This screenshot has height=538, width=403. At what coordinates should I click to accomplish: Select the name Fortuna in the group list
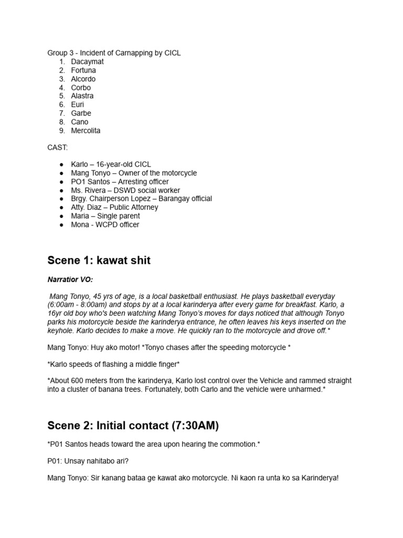[x=83, y=70]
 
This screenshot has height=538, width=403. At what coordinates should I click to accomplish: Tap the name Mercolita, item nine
[x=86, y=130]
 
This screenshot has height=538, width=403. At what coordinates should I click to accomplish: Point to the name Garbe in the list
[x=81, y=113]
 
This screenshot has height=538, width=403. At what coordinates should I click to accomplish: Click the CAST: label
[x=57, y=148]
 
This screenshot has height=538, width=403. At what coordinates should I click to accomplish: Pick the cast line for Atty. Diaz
[x=114, y=207]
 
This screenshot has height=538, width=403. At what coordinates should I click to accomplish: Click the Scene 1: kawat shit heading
[x=99, y=261]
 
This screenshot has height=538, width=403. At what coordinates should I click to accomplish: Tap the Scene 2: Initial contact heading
[x=133, y=425]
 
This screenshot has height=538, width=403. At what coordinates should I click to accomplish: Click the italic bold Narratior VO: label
[x=70, y=280]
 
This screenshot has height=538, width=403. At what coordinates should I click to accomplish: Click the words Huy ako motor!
[x=105, y=347]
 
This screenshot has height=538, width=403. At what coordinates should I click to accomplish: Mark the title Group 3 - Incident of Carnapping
[x=114, y=53]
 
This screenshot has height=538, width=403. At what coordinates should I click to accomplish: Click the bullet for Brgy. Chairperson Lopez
[x=61, y=199]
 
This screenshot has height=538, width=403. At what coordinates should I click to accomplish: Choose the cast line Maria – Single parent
[x=105, y=216]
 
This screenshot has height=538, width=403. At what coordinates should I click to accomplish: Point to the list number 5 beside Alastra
[x=61, y=96]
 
